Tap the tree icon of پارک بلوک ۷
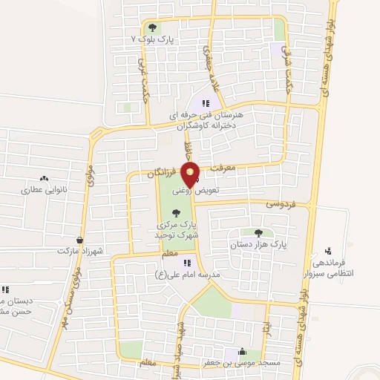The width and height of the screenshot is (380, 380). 151,29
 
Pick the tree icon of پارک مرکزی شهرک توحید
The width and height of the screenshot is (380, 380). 175,213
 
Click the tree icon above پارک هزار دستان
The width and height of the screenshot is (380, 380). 258,233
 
